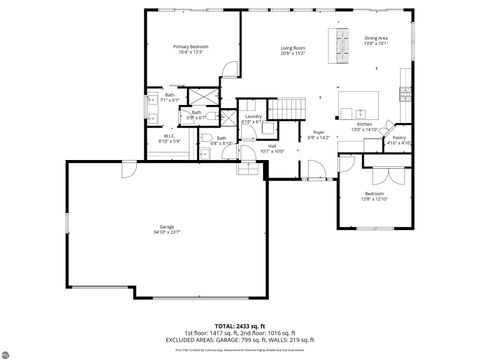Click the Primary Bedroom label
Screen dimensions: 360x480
click(x=190, y=46)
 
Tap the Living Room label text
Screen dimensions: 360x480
click(x=292, y=47)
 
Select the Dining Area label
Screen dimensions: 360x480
click(x=376, y=38)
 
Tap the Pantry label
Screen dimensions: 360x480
click(x=399, y=137)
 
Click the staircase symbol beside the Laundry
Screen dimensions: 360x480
click(x=289, y=107)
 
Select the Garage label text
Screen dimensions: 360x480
click(x=167, y=227)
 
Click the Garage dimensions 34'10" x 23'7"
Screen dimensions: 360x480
click(x=167, y=233)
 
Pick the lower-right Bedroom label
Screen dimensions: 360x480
click(x=374, y=193)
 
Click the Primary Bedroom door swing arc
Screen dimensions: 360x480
click(x=229, y=69)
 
